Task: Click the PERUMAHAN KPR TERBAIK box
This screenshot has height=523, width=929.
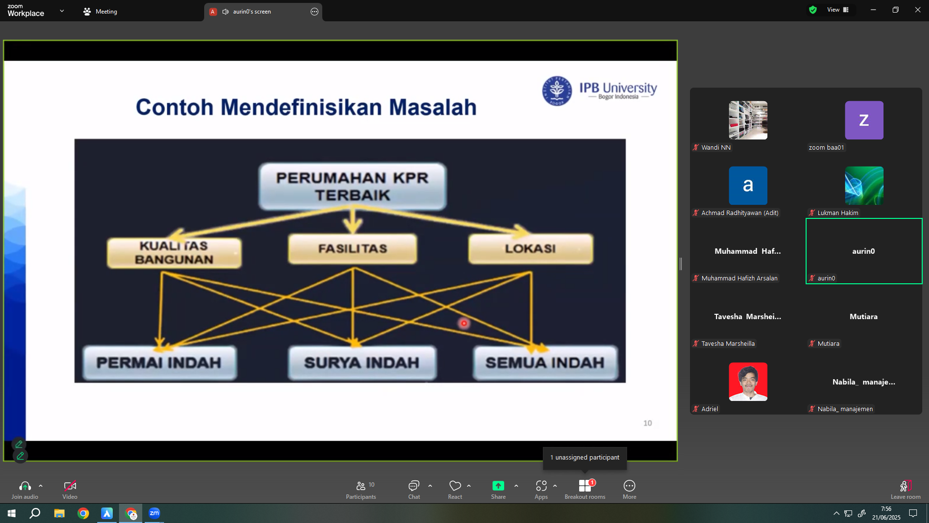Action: [352, 186]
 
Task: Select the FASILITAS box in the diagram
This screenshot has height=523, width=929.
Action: [353, 249]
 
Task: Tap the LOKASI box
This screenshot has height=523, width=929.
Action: [531, 249]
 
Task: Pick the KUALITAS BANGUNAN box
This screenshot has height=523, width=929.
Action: [174, 253]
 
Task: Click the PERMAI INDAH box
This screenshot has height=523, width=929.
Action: [160, 363]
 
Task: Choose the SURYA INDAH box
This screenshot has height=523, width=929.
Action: [362, 363]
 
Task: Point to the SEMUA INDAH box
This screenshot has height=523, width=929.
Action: [545, 363]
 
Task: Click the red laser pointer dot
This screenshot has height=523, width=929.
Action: [464, 323]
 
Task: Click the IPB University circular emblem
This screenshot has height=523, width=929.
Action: [557, 91]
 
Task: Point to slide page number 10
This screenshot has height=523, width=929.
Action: [647, 423]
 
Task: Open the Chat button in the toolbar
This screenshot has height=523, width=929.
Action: [414, 489]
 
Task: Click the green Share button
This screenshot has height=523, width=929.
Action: [498, 489]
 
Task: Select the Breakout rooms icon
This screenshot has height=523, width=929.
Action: [585, 486]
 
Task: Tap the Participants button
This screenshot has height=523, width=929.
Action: [361, 489]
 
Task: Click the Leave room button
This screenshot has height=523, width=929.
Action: [905, 489]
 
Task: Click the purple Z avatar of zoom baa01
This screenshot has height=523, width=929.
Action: [864, 120]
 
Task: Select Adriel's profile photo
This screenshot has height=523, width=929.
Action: [748, 382]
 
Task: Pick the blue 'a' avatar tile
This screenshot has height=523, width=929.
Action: [748, 185]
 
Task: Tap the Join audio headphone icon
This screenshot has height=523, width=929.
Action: [25, 486]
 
